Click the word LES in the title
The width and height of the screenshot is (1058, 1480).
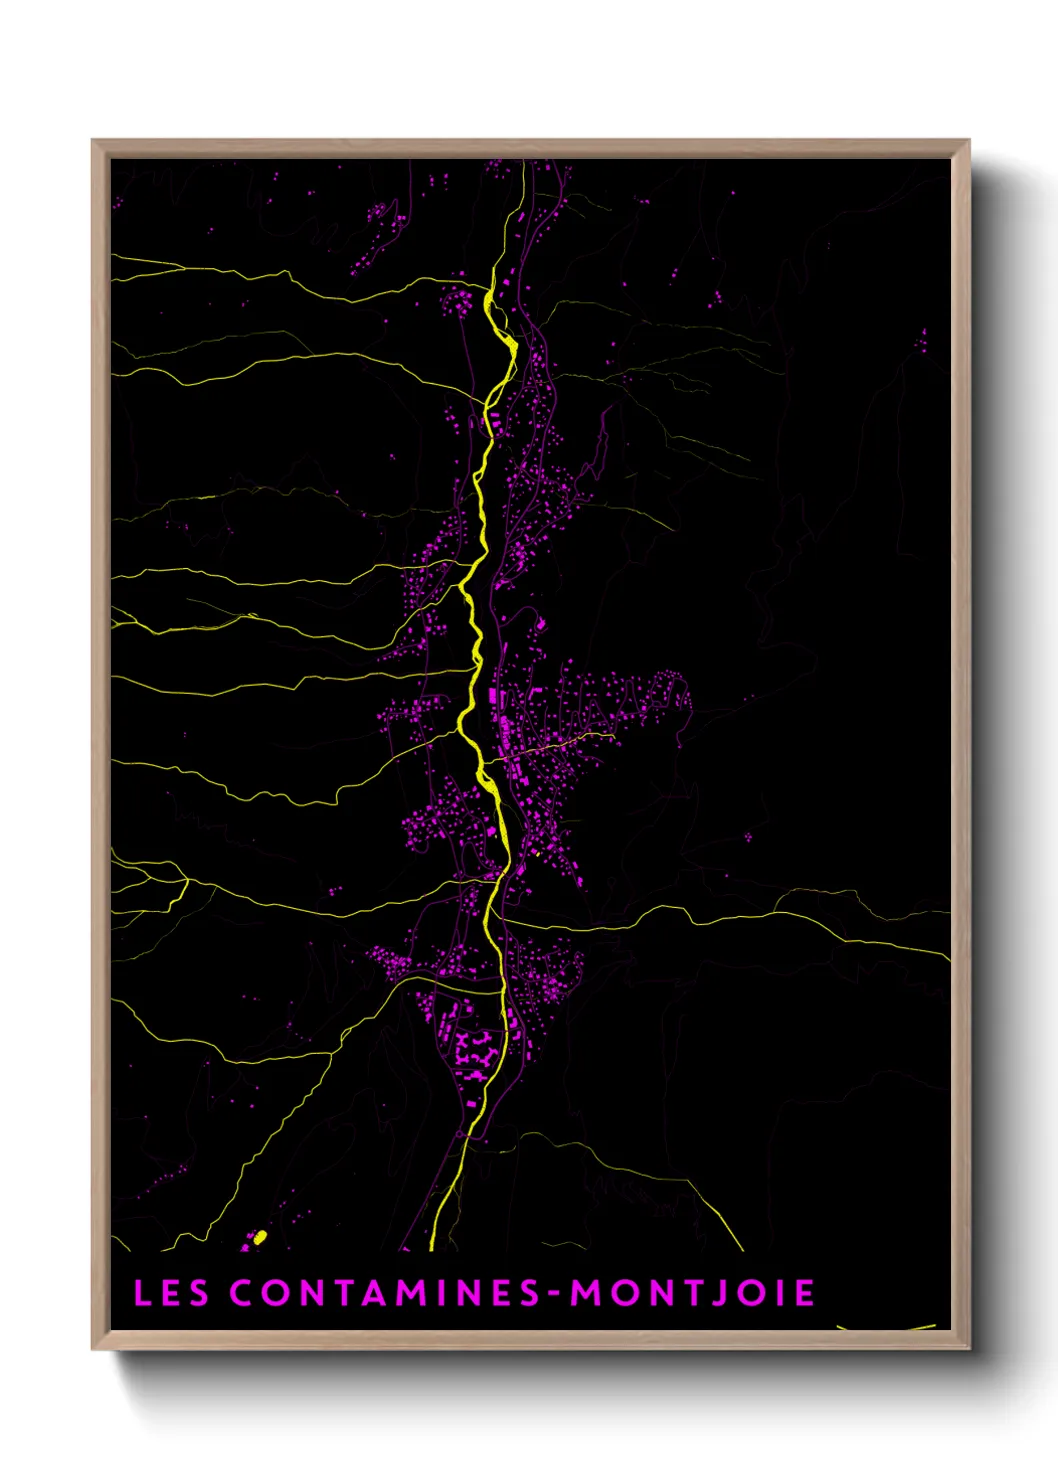tap(171, 1292)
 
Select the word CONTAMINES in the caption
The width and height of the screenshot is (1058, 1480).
tap(385, 1292)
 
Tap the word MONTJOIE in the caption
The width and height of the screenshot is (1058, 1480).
tap(692, 1292)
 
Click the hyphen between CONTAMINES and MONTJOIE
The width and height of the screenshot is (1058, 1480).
tap(555, 1294)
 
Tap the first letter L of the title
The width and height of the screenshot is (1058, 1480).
tap(142, 1292)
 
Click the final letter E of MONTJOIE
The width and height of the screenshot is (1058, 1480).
tap(805, 1292)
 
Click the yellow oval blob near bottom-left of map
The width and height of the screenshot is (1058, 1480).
tap(260, 1238)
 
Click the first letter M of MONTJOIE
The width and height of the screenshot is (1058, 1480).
tap(585, 1292)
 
